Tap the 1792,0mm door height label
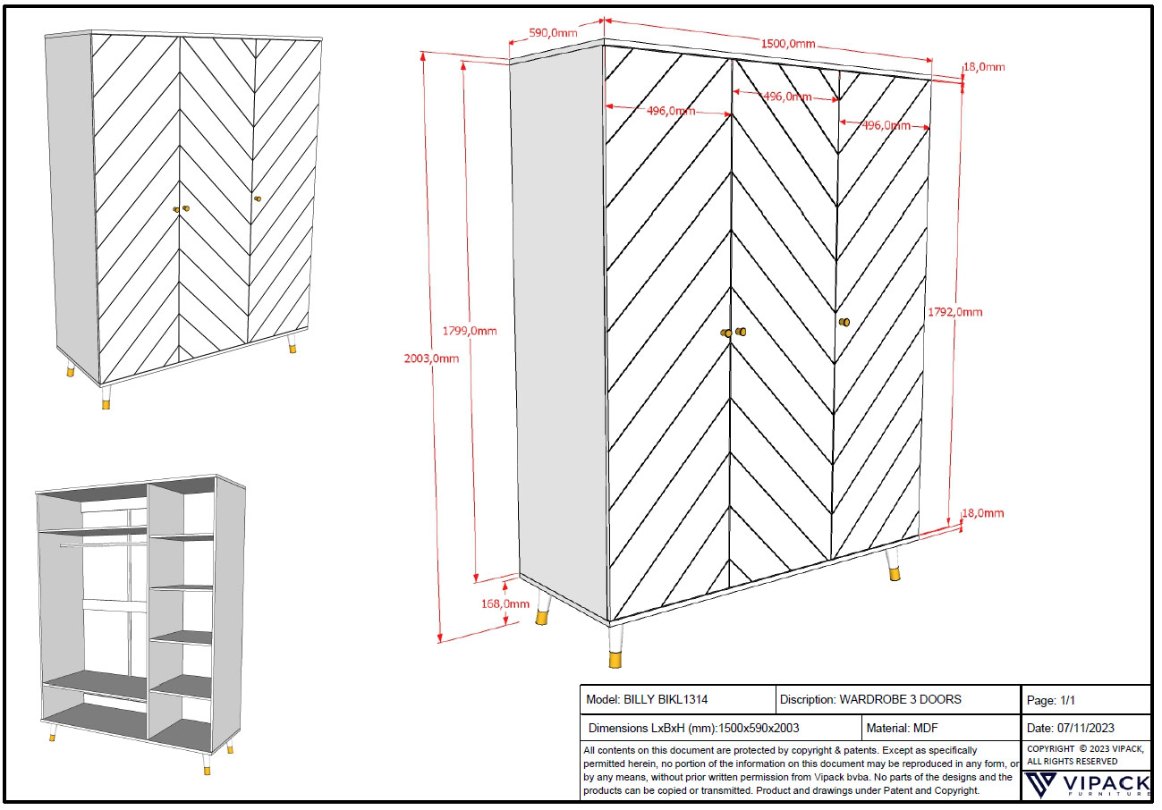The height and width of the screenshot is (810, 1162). pyautogui.click(x=955, y=312)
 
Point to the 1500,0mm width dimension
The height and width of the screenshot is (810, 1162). pyautogui.click(x=788, y=44)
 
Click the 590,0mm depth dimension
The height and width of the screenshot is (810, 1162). pyautogui.click(x=553, y=33)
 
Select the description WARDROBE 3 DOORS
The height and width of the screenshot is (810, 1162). pyautogui.click(x=870, y=699)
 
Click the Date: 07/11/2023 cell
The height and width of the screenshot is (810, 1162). pyautogui.click(x=1083, y=728)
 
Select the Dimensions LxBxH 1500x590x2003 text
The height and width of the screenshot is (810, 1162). pyautogui.click(x=693, y=728)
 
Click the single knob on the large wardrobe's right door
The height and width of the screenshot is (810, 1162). pyautogui.click(x=843, y=321)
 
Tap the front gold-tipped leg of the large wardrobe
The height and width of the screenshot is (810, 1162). pyautogui.click(x=615, y=647)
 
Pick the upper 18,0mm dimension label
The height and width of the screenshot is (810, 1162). pyautogui.click(x=983, y=67)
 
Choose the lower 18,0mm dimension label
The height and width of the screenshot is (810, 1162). pyautogui.click(x=982, y=513)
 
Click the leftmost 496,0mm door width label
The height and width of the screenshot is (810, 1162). pyautogui.click(x=672, y=111)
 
